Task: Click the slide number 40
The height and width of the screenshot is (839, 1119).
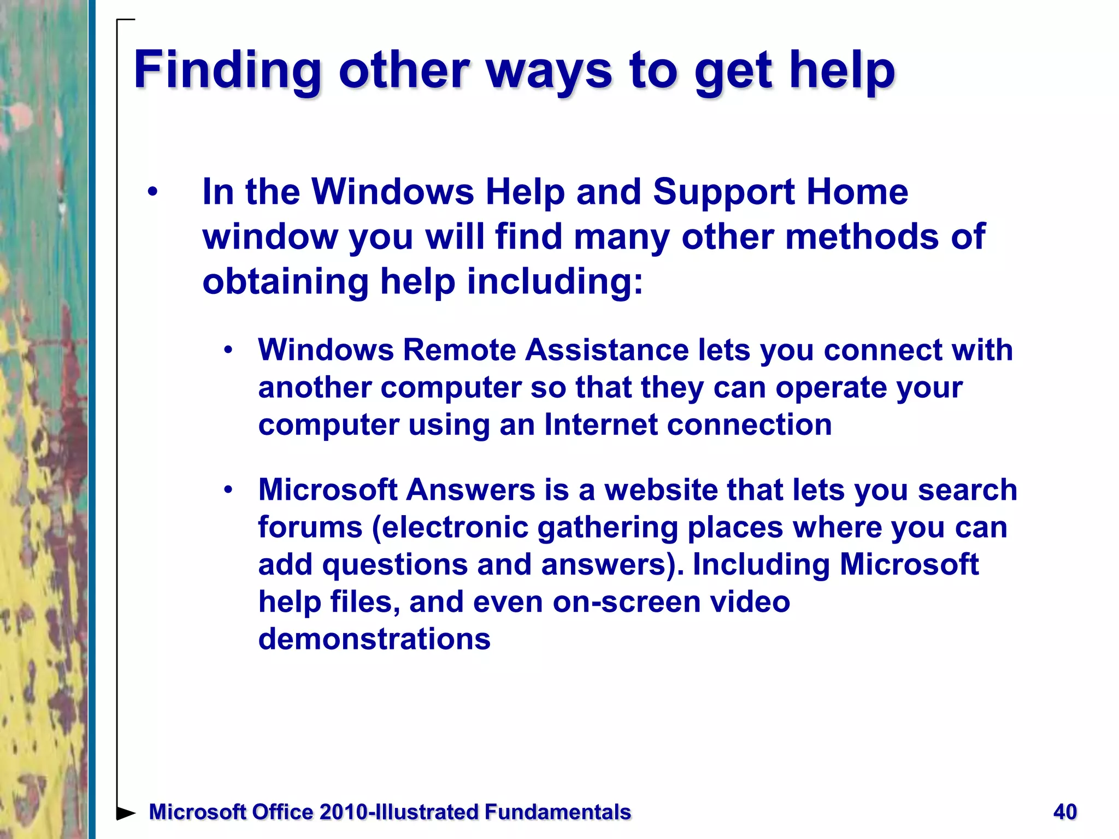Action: pos(1065,812)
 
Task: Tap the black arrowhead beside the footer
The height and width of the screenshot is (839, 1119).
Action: pos(126,813)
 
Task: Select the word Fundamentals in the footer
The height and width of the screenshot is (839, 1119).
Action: pos(558,812)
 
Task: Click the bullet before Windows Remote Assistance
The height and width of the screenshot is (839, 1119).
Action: pos(228,350)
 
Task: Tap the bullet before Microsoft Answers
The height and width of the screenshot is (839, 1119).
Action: pos(228,489)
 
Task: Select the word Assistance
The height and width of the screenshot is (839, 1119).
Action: pos(607,350)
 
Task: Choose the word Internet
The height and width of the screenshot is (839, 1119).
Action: pos(601,424)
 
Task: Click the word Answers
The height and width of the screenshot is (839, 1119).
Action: pos(470,489)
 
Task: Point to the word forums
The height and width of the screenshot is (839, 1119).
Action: pos(310,527)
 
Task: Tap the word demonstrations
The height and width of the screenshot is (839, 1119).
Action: pos(374,639)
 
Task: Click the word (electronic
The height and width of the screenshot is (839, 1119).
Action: pos(450,527)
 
